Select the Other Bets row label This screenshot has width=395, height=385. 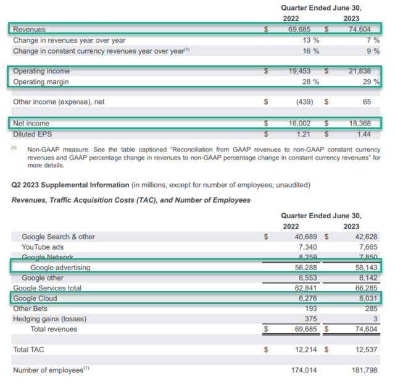pyautogui.click(x=31, y=308)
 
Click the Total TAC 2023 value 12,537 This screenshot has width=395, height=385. pyautogui.click(x=364, y=350)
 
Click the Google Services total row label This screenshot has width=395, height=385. pyautogui.click(x=48, y=288)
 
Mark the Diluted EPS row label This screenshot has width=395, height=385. pyautogui.click(x=31, y=133)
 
